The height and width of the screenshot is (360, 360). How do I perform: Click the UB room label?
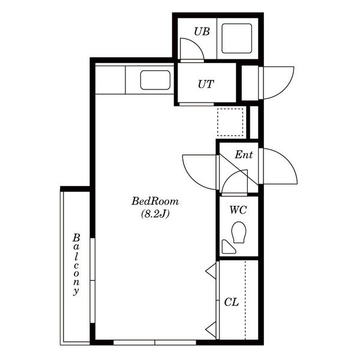[202, 31]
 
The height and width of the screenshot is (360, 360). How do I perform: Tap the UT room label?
[206, 84]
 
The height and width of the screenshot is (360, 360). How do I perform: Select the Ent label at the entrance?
[244, 155]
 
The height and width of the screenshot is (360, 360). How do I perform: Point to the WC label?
[238, 209]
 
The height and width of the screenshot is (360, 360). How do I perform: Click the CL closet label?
[232, 302]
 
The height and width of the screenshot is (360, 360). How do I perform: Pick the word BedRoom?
[155, 201]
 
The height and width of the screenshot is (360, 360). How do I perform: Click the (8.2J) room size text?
[155, 214]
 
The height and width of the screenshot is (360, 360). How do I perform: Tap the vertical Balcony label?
[76, 265]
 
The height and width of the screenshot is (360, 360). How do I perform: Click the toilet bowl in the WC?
[239, 232]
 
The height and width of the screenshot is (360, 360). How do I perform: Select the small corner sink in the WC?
[228, 247]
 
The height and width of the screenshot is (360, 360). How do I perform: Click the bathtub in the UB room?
[237, 38]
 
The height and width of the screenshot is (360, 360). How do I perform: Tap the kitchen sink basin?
[155, 80]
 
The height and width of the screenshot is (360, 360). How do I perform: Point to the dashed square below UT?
[230, 122]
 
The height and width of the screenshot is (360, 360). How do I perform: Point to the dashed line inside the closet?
[245, 300]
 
